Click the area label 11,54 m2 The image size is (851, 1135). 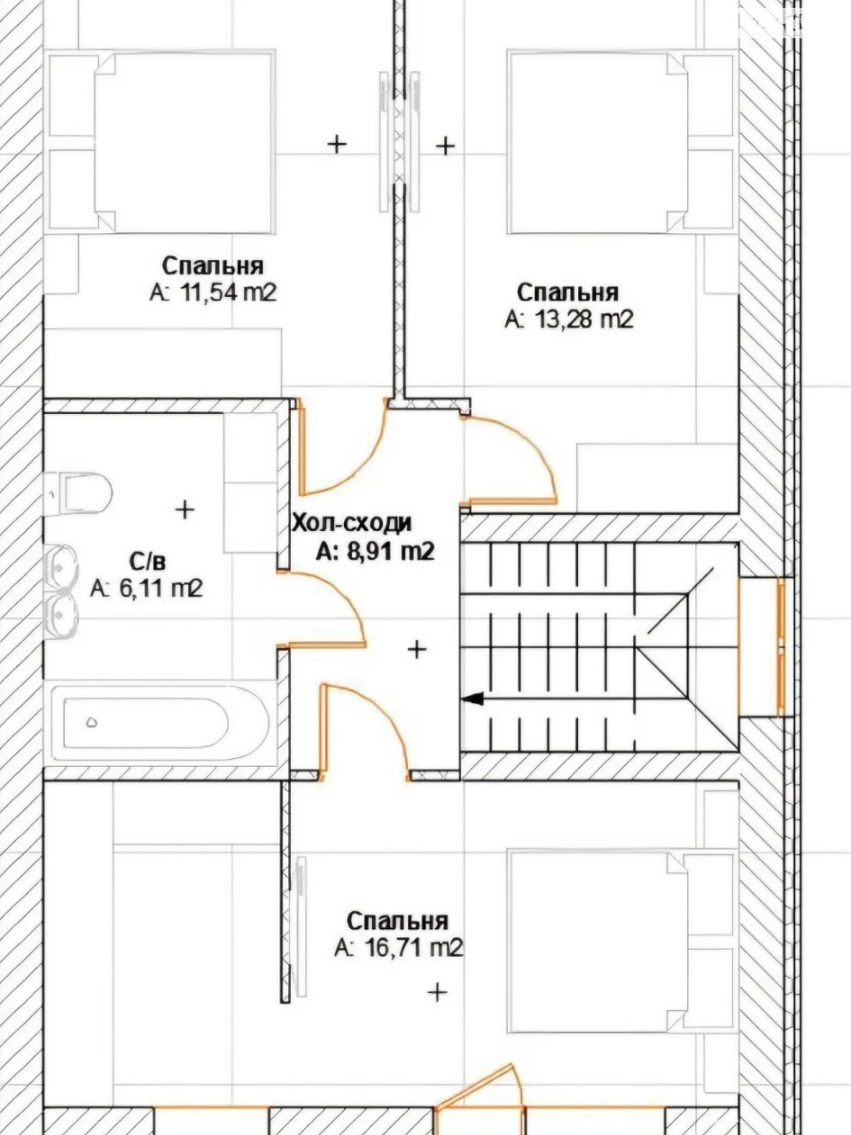(229, 294)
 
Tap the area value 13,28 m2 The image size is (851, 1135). (584, 319)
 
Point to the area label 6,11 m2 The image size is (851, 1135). (160, 589)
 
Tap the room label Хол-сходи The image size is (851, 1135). (352, 523)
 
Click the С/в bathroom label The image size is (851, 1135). (147, 560)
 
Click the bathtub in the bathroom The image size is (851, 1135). (160, 723)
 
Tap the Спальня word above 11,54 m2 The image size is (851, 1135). (213, 266)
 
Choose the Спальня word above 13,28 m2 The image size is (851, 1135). (567, 293)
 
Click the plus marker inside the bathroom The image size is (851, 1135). (184, 510)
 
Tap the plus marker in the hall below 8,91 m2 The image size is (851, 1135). (417, 648)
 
